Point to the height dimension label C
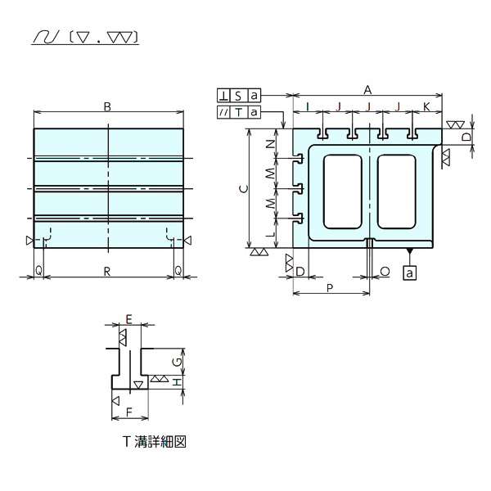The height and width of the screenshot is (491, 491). (241, 189)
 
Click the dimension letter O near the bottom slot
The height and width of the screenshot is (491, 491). (385, 270)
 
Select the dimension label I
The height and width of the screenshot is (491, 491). (306, 106)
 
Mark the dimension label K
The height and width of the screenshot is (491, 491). (427, 106)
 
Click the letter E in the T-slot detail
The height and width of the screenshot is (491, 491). (128, 318)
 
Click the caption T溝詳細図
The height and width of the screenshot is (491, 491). (155, 441)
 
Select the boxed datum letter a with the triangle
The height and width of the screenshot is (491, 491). (409, 273)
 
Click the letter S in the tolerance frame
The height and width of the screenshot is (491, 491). (239, 96)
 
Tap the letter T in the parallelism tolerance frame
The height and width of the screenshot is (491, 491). (239, 112)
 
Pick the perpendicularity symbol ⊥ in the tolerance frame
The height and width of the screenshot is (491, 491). (224, 96)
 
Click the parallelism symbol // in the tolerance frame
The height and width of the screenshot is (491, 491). (224, 112)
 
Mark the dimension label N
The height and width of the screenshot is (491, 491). (271, 144)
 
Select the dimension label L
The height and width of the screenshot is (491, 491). (271, 233)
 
